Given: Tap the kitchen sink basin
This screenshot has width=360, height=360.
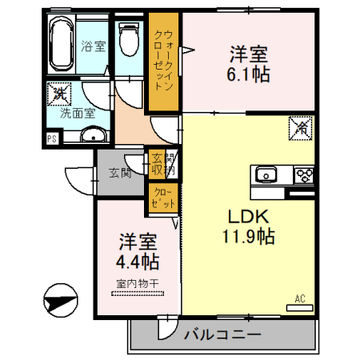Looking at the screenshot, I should pos(265,175).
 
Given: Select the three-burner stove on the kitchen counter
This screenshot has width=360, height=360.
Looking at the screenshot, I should pos(304,174).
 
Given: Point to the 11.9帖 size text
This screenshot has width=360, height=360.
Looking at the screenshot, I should pos(249,237).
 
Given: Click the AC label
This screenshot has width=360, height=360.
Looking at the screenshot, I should pos(301,299).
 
